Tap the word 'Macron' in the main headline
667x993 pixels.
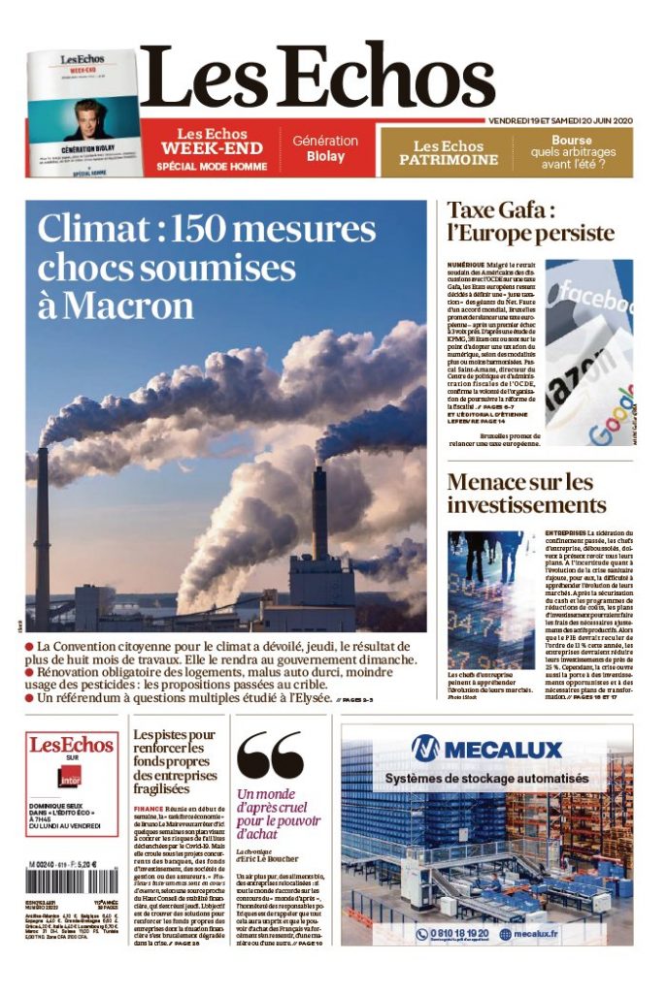pyautogui.click(x=131, y=305)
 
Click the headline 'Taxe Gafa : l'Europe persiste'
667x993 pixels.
pyautogui.click(x=530, y=222)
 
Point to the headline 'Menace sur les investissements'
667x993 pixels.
pyautogui.click(x=526, y=494)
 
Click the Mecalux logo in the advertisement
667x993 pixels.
pyautogui.click(x=486, y=749)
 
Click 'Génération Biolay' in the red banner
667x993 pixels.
pyautogui.click(x=325, y=148)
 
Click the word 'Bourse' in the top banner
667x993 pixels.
pyautogui.click(x=573, y=140)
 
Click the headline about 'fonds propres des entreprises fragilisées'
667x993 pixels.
pyautogui.click(x=176, y=762)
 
